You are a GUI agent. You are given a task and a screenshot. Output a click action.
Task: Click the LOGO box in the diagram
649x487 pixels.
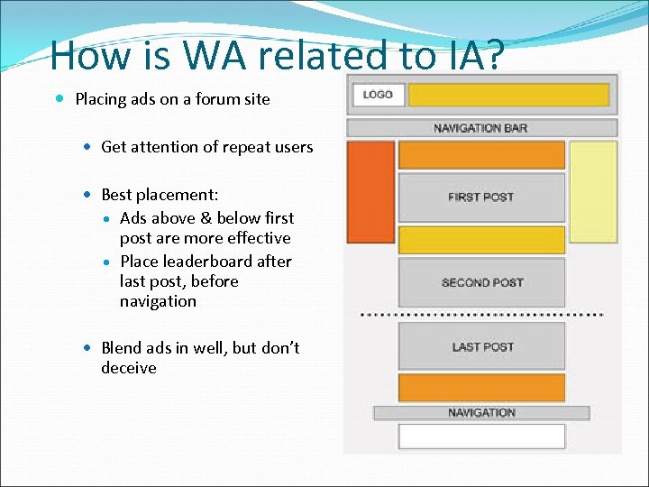point(378,95)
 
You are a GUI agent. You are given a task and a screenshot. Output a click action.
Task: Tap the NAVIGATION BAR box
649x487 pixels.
point(481,128)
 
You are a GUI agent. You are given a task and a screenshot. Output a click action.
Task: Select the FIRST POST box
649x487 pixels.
point(481,198)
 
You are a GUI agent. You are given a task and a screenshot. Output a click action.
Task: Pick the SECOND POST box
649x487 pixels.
point(481,282)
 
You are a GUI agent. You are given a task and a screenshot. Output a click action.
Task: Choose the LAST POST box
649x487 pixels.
point(481,346)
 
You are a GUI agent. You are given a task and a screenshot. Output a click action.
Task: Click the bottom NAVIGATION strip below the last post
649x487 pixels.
point(481,413)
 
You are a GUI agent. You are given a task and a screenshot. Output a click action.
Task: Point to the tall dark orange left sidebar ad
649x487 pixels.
point(370,191)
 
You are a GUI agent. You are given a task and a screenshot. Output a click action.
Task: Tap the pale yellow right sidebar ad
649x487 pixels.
point(593,191)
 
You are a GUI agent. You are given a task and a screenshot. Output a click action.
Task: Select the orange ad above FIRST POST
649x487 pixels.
point(481,155)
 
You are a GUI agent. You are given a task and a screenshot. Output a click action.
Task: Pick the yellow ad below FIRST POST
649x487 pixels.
point(481,240)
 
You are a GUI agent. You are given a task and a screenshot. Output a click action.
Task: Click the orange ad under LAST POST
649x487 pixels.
point(481,387)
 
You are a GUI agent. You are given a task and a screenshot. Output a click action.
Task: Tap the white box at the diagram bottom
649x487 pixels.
point(481,436)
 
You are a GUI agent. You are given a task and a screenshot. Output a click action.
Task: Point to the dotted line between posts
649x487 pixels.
point(481,315)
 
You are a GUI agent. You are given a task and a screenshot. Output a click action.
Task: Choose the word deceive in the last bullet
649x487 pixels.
point(129,368)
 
